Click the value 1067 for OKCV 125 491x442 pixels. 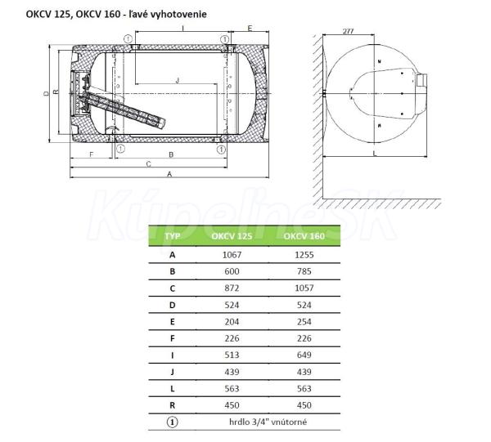[232, 255]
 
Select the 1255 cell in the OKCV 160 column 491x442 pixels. [304, 255]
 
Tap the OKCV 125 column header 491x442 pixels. [232, 236]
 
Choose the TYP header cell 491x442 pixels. [172, 236]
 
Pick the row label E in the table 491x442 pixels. [172, 322]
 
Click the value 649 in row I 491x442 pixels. [304, 355]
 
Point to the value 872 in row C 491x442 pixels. [232, 288]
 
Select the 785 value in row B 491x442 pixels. [304, 271]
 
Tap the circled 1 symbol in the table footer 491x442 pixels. [172, 422]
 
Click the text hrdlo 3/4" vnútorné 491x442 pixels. [268, 422]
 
